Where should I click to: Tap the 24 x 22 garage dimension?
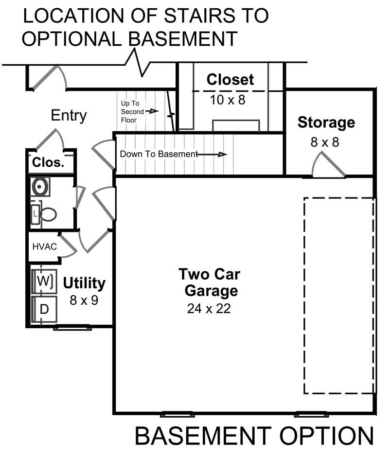(209, 309)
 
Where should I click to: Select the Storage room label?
(326, 122)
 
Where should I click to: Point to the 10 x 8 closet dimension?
(228, 100)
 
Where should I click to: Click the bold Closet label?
(230, 79)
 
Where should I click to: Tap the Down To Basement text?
(159, 154)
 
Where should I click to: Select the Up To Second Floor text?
(132, 111)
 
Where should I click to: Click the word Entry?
(69, 116)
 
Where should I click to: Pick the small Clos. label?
(48, 163)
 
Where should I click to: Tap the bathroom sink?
(40, 186)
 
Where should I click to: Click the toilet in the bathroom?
(47, 214)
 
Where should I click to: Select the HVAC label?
(45, 247)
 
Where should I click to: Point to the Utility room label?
(84, 282)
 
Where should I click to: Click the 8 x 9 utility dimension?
(84, 300)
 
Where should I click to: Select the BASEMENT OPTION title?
(254, 436)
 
